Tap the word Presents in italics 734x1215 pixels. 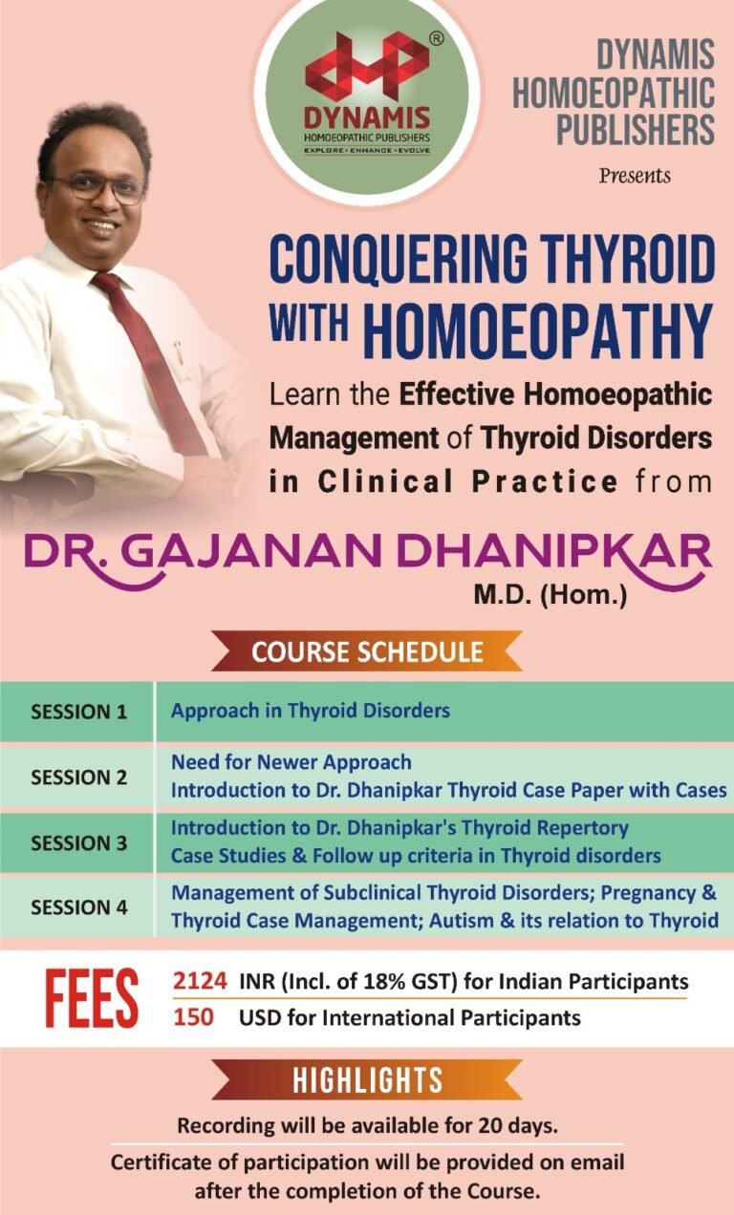(x=635, y=176)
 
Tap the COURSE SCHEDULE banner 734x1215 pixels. (x=367, y=652)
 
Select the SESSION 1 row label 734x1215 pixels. (x=78, y=712)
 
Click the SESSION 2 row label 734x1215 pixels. (x=78, y=777)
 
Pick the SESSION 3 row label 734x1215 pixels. (x=78, y=842)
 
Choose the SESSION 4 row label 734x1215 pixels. (x=78, y=907)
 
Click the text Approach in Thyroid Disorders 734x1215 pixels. (x=311, y=711)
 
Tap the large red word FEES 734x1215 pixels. (x=92, y=999)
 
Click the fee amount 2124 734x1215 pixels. (x=200, y=981)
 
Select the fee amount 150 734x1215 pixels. (x=193, y=1017)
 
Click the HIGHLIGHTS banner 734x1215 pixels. (x=367, y=1079)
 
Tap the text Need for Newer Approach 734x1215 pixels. (x=291, y=762)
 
